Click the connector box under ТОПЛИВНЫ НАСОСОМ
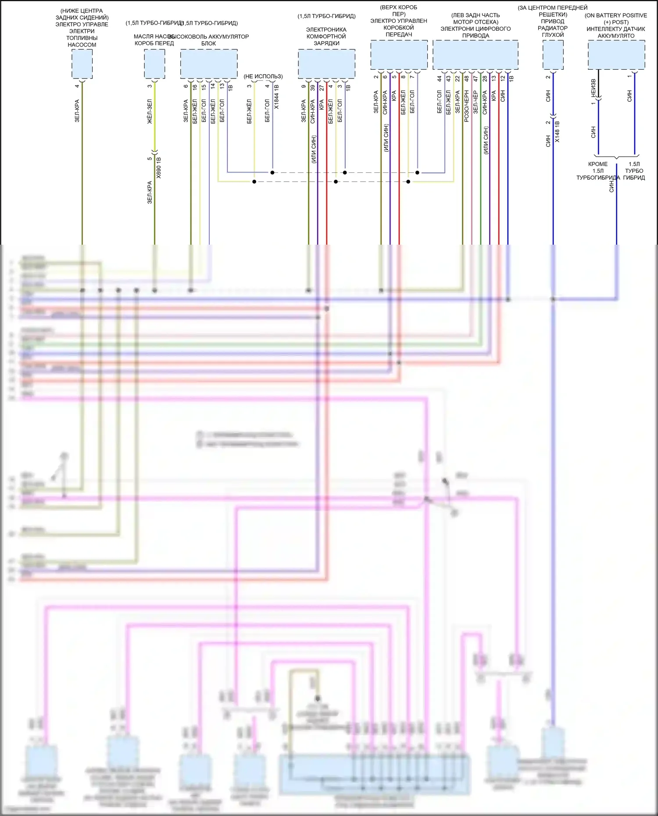[82, 64]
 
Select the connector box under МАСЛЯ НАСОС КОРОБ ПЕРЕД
[154, 64]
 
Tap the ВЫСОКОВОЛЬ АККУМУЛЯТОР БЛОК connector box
[209, 64]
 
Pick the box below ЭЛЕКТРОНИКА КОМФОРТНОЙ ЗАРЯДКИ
[326, 64]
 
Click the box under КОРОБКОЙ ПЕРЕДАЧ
[399, 55]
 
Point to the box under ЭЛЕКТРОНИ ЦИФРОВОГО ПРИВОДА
[475, 55]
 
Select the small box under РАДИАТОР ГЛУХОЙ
[553, 55]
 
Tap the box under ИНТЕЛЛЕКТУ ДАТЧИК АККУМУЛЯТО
[616, 55]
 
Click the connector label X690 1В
[159, 167]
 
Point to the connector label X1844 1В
[276, 97]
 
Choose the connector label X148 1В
[557, 132]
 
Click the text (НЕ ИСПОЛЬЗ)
[263, 76]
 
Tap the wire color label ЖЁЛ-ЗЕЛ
[150, 111]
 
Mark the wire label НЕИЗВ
[593, 88]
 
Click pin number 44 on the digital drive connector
[439, 78]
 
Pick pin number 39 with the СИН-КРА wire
[312, 87]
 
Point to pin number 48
[466, 78]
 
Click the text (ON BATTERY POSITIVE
[615, 15]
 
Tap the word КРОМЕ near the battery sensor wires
[598, 164]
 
